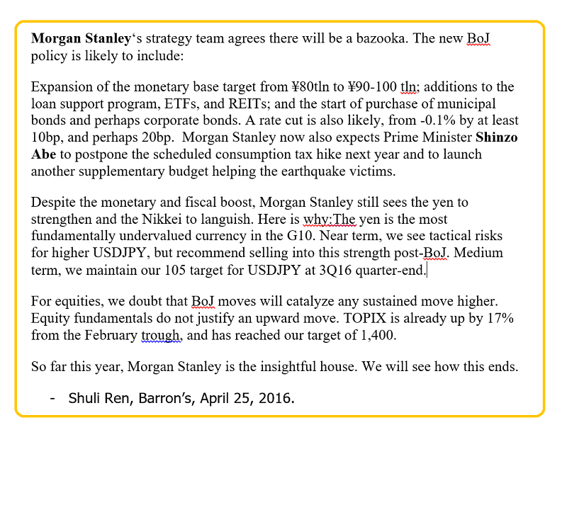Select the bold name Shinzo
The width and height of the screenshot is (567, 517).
pos(496,137)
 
